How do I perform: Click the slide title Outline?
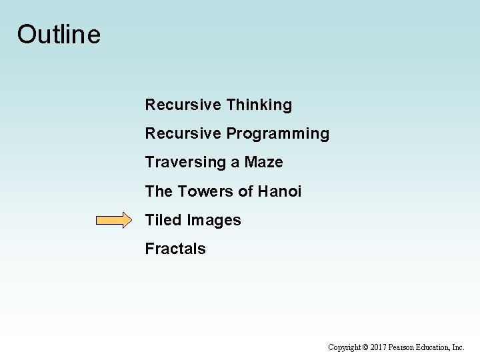pos(59,34)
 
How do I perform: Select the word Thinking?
pos(259,105)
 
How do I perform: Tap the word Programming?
pos(277,134)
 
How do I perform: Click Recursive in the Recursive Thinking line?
pos(183,105)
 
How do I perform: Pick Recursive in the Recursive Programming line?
pos(183,134)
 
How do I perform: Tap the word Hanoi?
pos(279,192)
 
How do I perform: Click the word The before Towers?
pos(159,192)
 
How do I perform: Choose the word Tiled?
pos(164,221)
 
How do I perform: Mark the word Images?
pos(214,221)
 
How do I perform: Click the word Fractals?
pos(175,249)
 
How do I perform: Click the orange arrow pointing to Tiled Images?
pos(114,221)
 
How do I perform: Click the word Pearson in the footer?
pos(404,347)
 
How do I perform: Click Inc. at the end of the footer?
pos(459,347)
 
